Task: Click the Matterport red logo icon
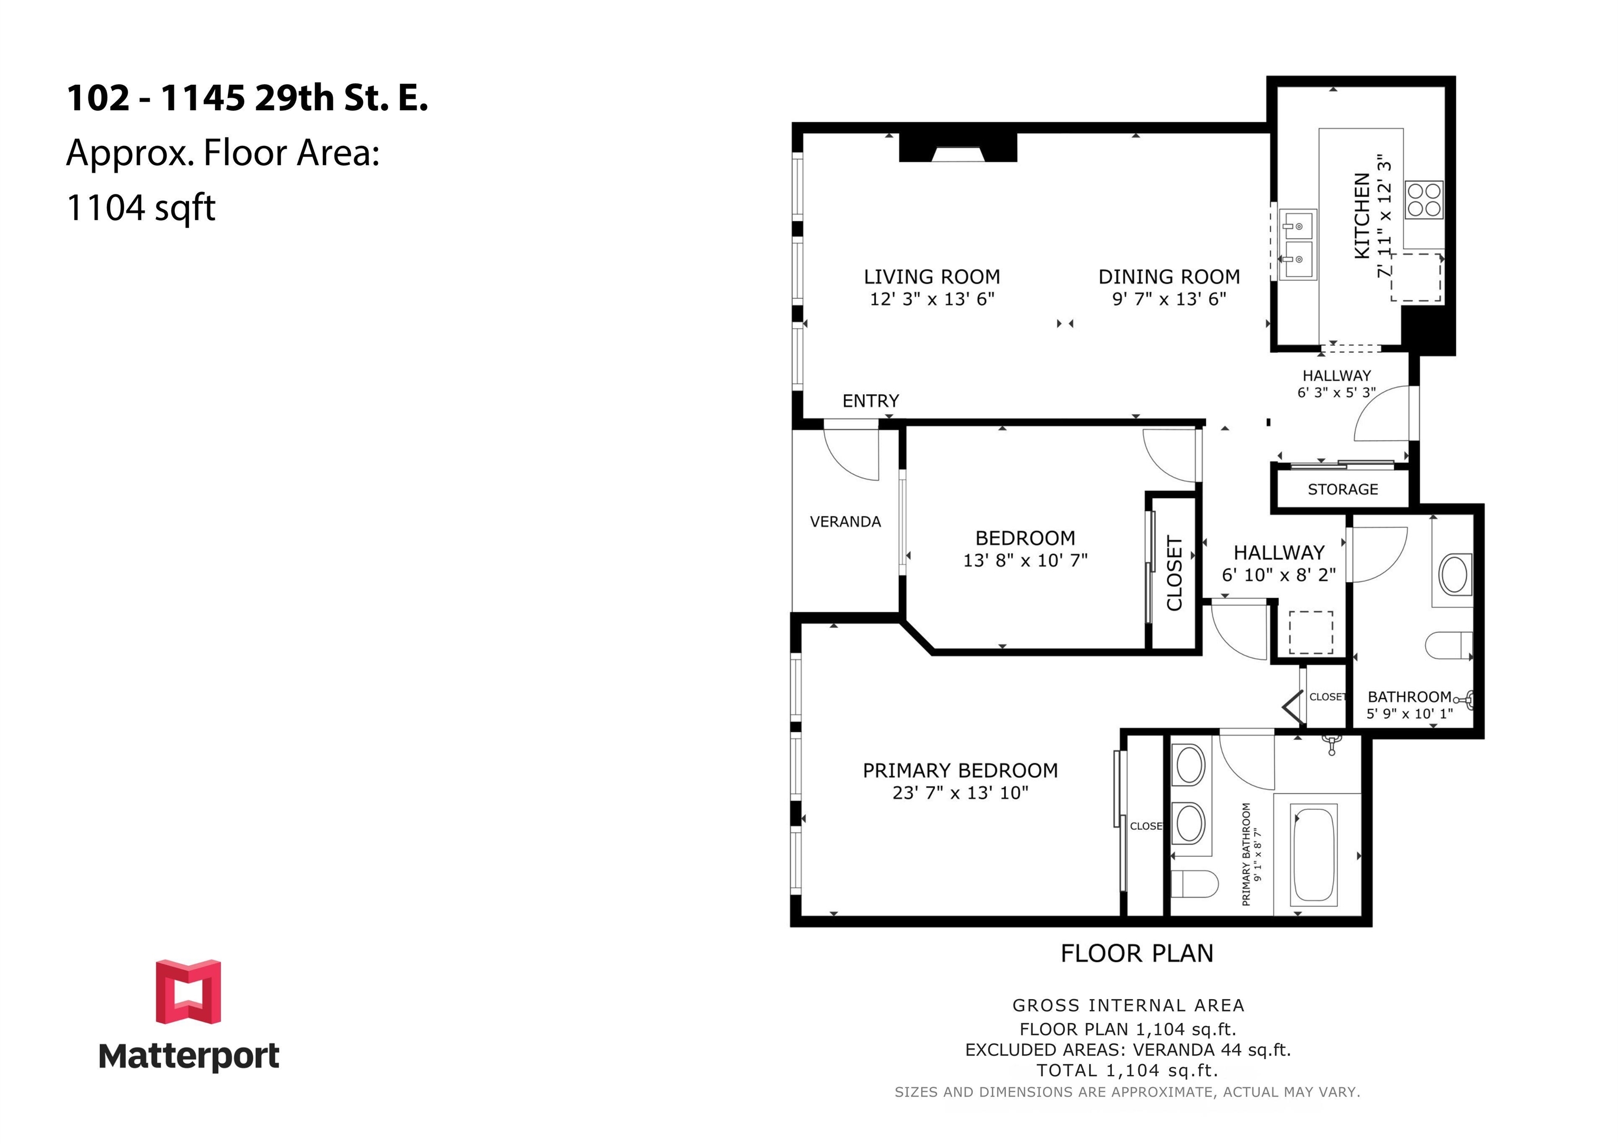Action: click(x=188, y=991)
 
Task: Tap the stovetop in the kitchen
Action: click(x=1424, y=200)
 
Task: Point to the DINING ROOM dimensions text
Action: click(x=1169, y=299)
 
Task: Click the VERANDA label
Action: click(x=845, y=522)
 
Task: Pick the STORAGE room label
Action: click(x=1343, y=489)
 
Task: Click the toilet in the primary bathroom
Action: click(x=1195, y=883)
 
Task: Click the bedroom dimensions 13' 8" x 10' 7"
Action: click(x=1025, y=560)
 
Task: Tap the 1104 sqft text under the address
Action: click(x=141, y=208)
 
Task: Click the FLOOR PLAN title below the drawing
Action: click(x=1137, y=954)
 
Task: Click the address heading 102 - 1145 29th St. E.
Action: click(x=248, y=97)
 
